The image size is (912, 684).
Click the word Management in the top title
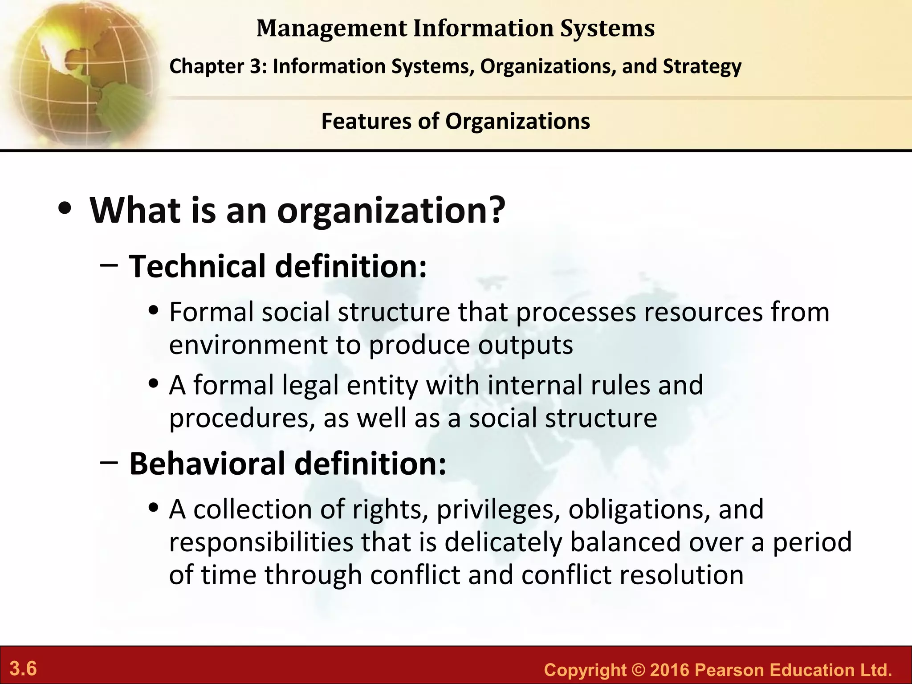[332, 29]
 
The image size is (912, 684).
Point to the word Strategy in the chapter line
[702, 67]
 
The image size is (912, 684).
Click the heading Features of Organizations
[456, 121]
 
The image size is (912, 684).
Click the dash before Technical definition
[109, 265]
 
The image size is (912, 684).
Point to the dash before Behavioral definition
[109, 463]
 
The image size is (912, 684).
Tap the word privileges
[498, 509]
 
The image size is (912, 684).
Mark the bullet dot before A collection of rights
[154, 508]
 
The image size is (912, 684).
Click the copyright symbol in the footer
[639, 670]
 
